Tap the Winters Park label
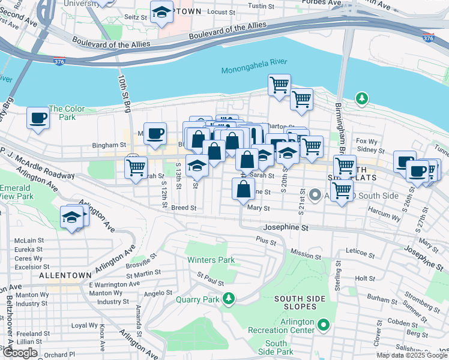[210, 260]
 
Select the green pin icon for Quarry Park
[228, 298]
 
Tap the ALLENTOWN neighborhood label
[65, 275]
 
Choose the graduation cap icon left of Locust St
[161, 13]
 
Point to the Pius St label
[266, 242]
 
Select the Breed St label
[184, 208]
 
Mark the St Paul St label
[210, 280]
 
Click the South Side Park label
[276, 347]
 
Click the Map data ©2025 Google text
[412, 355]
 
